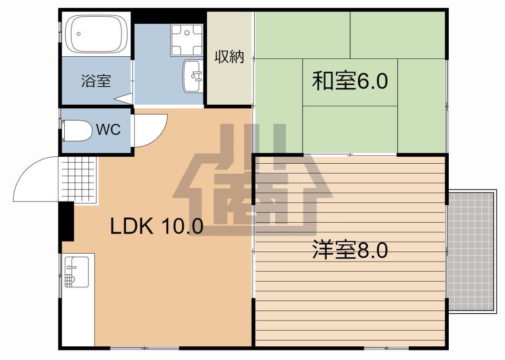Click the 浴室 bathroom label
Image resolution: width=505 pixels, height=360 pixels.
[x=96, y=81]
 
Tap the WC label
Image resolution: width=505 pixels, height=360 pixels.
[x=108, y=129]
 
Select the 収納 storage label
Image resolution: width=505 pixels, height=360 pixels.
[x=229, y=57]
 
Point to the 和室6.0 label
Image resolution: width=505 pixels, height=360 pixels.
[x=350, y=81]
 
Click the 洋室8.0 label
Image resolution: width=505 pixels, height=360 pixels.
[x=350, y=250]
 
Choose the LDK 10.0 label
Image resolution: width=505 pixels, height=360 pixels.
[x=157, y=226]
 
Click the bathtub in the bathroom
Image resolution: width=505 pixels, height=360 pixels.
[x=96, y=34]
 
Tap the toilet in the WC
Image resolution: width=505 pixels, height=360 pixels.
[x=77, y=131]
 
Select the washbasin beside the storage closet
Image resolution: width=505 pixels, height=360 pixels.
[x=193, y=76]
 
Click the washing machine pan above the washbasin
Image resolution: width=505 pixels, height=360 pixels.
[x=187, y=40]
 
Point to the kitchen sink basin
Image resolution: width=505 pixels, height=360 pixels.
[x=77, y=272]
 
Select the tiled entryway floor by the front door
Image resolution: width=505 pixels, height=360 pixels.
[x=78, y=179]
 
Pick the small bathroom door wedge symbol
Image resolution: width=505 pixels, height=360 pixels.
[x=124, y=98]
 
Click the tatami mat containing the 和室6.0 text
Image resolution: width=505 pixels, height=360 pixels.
[x=350, y=83]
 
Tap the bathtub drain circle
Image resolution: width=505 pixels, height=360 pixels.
[x=78, y=34]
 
